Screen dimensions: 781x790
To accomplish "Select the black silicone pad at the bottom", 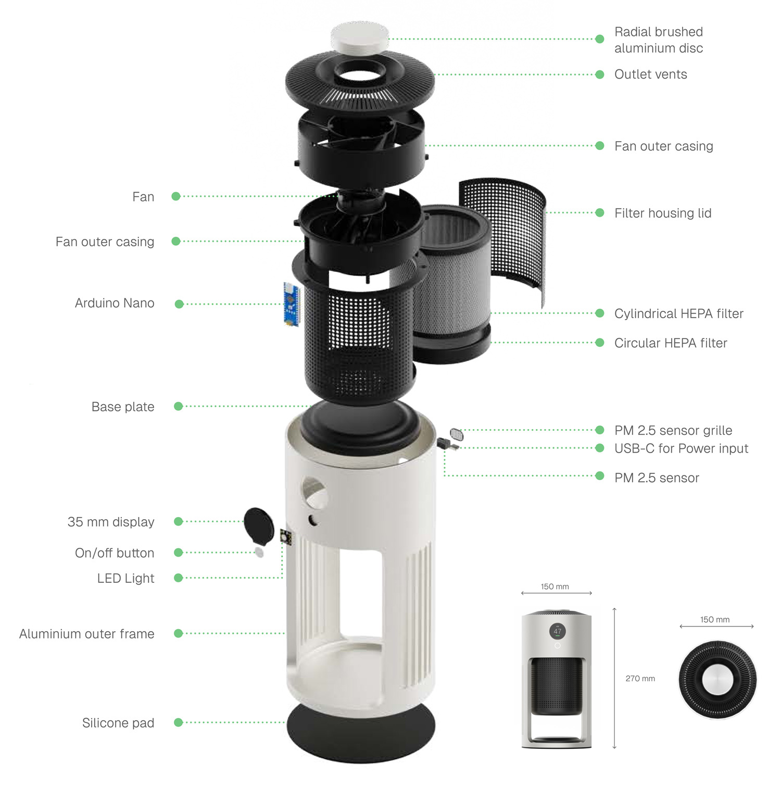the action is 361,732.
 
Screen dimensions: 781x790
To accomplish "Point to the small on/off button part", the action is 259,552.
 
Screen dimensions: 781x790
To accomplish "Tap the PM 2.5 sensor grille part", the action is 456,434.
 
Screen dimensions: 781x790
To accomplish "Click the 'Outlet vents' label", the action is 650,74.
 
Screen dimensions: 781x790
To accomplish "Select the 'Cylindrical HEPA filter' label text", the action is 679,314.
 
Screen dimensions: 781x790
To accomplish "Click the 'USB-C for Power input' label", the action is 681,448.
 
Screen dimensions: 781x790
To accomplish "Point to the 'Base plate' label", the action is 123,407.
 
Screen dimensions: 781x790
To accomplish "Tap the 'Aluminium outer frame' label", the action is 87,634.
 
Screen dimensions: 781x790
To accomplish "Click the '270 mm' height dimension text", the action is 640,679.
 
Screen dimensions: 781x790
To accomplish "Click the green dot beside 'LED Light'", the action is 178,578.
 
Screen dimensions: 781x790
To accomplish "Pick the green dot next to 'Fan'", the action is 176,196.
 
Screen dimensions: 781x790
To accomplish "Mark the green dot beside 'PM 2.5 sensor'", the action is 600,475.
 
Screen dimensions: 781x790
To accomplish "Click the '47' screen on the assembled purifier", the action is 558,631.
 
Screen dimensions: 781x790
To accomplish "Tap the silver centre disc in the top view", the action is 717,679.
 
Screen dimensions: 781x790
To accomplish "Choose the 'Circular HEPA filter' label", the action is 671,343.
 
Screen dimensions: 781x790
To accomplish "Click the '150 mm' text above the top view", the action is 715,620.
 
